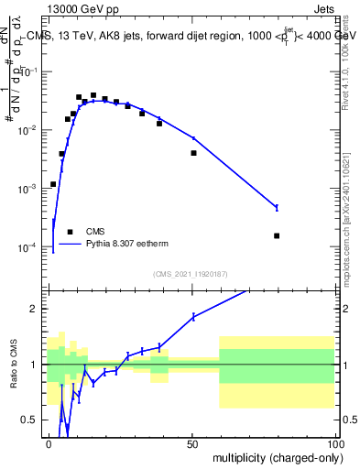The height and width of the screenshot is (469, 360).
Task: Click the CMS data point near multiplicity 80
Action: (x=277, y=235)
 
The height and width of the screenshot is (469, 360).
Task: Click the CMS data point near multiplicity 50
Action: (x=193, y=153)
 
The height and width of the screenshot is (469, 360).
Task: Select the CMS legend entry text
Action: (x=95, y=232)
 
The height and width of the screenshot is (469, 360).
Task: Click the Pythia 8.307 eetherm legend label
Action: (x=127, y=245)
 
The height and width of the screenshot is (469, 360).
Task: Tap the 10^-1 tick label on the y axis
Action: (x=30, y=71)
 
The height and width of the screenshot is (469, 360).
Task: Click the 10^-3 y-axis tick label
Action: (x=30, y=189)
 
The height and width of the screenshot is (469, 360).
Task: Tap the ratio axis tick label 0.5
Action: (x=32, y=420)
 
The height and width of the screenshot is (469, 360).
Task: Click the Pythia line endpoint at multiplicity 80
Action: (x=277, y=208)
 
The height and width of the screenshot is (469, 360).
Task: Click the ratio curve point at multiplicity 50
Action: (x=193, y=317)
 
